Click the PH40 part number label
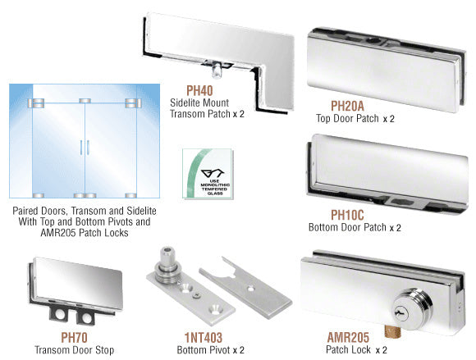(x=199, y=91)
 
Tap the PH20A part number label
(x=347, y=106)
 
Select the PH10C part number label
(x=347, y=215)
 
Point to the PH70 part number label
(x=74, y=338)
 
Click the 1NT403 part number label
(x=204, y=338)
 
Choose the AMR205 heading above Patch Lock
(x=348, y=337)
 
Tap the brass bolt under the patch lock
(x=392, y=331)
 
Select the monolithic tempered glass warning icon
(x=208, y=174)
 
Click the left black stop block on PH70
(x=59, y=313)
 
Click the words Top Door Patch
(x=347, y=118)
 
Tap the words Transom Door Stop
(x=75, y=350)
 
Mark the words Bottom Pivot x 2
(x=210, y=350)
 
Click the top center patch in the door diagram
(x=85, y=101)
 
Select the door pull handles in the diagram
(x=85, y=148)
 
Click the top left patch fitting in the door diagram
(x=36, y=103)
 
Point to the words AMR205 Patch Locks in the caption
(x=85, y=233)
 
